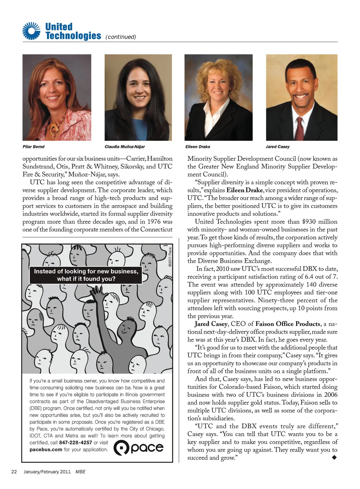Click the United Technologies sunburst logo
coord(31,31)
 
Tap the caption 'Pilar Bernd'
coord(34,147)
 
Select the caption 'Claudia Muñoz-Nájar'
coord(124,147)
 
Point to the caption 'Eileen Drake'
coord(198,147)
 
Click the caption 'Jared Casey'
coord(277,147)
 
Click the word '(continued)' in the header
coord(121,37)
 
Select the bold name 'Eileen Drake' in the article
coord(244,190)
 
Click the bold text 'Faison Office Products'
coord(288,324)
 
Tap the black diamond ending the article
coord(334,457)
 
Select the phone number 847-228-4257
coord(76,443)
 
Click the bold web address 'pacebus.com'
coord(46,449)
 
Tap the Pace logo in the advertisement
coord(139,448)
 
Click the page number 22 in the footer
coord(14,472)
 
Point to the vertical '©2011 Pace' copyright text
coord(170,257)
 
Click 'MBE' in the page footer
coord(80,472)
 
